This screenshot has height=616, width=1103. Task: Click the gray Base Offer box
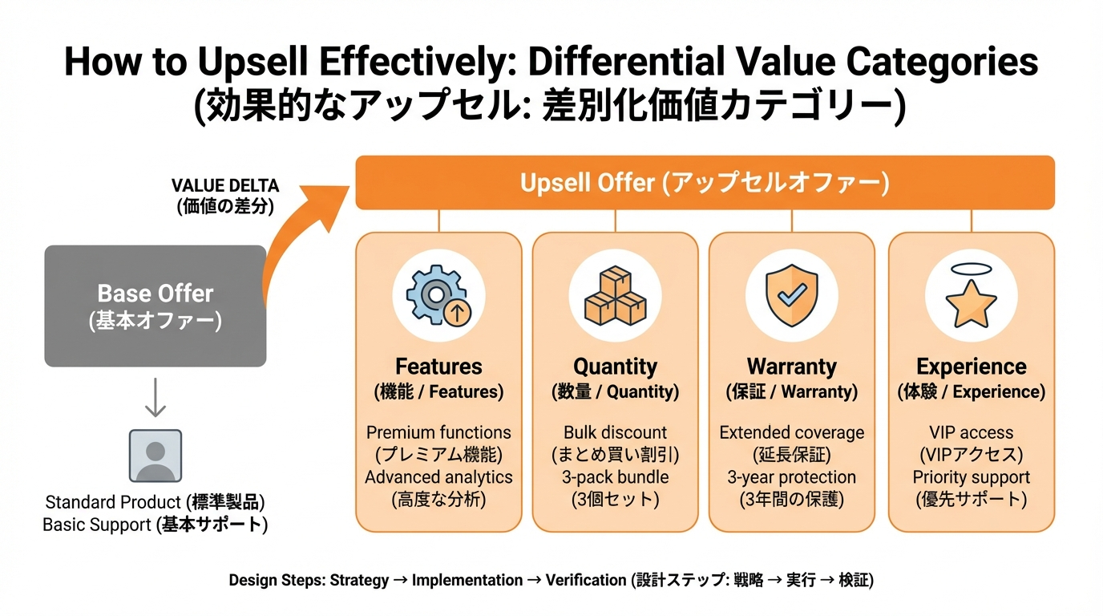(x=156, y=306)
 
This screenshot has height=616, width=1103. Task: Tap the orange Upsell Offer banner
(x=705, y=183)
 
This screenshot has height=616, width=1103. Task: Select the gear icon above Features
(x=438, y=295)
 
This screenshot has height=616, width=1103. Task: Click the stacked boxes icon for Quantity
(x=615, y=296)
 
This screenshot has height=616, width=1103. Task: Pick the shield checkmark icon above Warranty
(x=792, y=295)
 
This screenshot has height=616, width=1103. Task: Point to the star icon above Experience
(x=971, y=302)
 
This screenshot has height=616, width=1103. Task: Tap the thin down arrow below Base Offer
(x=156, y=398)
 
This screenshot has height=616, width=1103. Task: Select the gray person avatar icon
(x=156, y=456)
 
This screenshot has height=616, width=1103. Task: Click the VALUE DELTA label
(x=225, y=186)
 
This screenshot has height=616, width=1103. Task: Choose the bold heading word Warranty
(x=792, y=367)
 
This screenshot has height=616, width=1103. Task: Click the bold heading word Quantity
(x=615, y=367)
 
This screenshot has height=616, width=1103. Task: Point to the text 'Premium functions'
(x=438, y=432)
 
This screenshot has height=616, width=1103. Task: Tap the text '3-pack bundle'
(x=615, y=477)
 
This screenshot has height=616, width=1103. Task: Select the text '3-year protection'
(x=792, y=477)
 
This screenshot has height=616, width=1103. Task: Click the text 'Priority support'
(x=971, y=477)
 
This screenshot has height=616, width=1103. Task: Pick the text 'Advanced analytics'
(x=438, y=477)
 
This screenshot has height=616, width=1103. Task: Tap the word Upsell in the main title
(x=253, y=62)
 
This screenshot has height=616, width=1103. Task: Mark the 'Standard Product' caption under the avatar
(x=113, y=502)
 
